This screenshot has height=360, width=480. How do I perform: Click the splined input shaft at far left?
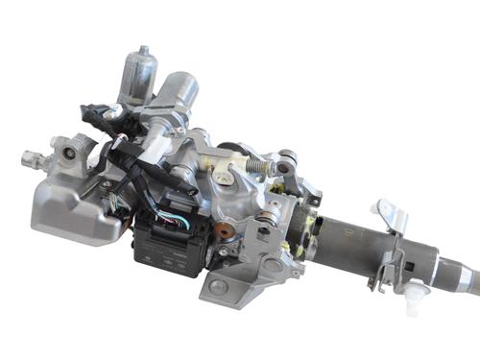pyautogui.click(x=32, y=154)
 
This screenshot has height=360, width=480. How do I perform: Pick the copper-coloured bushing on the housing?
pyautogui.click(x=221, y=231)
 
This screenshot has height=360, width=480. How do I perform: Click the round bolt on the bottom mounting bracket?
pyautogui.click(x=220, y=285)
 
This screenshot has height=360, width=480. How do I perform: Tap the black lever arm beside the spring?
pyautogui.click(x=286, y=178)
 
